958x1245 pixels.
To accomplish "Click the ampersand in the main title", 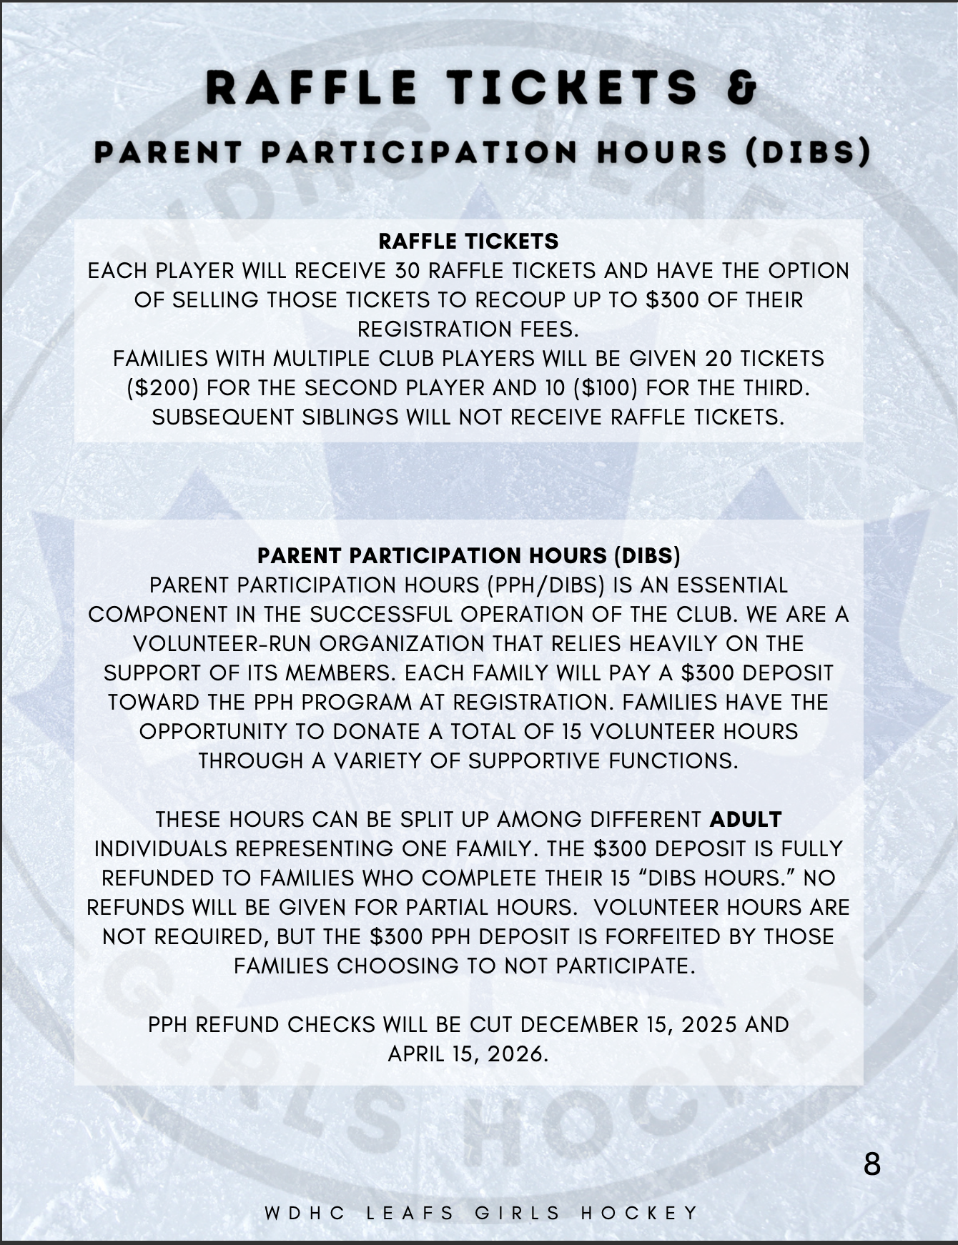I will coord(742,89).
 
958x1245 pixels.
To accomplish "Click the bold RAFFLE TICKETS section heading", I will coord(468,242).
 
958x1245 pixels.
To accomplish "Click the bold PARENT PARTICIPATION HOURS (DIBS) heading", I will coord(468,555).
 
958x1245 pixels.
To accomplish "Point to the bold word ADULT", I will coord(746,819).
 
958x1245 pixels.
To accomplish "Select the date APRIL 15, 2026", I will coord(468,1053).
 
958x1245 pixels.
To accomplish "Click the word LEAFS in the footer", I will coord(410,1213).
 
